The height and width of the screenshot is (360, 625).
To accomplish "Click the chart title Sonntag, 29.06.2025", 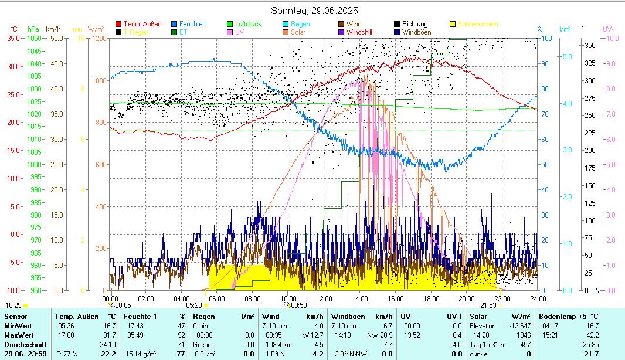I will click(x=314, y=11).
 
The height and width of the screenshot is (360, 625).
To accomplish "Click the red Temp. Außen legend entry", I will click(x=142, y=24).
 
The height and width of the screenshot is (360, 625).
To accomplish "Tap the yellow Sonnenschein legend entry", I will click(x=477, y=24).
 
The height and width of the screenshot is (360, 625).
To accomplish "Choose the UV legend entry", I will click(x=239, y=32).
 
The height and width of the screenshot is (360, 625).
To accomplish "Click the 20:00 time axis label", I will click(x=466, y=298).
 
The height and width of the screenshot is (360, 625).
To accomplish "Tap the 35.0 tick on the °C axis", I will click(x=13, y=39).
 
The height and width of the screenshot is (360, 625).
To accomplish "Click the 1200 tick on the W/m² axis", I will click(x=98, y=39).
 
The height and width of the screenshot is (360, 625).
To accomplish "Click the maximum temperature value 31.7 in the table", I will click(x=108, y=335).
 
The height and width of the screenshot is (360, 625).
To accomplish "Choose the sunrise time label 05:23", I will click(x=194, y=305).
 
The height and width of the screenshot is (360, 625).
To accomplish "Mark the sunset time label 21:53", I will click(x=488, y=305).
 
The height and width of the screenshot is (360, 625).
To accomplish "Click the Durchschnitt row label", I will click(x=22, y=344).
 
